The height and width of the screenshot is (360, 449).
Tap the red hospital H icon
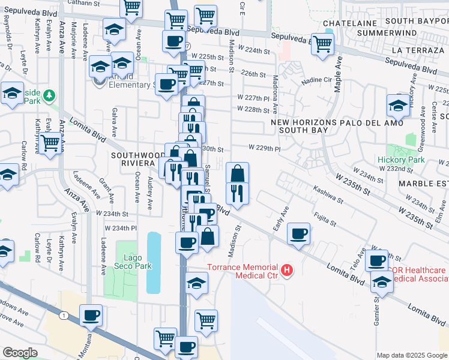[x=288, y=271]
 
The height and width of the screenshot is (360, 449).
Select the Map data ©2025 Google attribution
[x=412, y=355]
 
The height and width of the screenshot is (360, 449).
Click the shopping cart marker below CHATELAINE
[x=323, y=43]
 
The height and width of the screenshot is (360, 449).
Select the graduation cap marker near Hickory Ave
[x=398, y=106]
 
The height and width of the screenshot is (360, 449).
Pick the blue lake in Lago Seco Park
[x=154, y=262]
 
